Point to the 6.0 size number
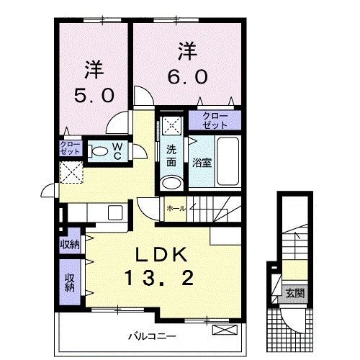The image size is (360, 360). pyautogui.click(x=189, y=76)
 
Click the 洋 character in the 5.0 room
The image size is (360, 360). pyautogui.click(x=94, y=71)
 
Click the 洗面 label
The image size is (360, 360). pyautogui.click(x=171, y=156)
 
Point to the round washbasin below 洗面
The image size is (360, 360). pyautogui.click(x=171, y=181)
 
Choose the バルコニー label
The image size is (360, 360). pyautogui.click(x=153, y=336)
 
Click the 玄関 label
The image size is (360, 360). pyautogui.click(x=294, y=293)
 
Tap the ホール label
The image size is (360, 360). pyautogui.click(x=176, y=208)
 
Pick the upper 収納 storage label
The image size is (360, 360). pyautogui.click(x=70, y=245)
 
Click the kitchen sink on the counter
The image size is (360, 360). pyautogui.click(x=114, y=212)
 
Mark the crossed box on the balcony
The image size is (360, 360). pyautogui.click(x=225, y=330)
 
